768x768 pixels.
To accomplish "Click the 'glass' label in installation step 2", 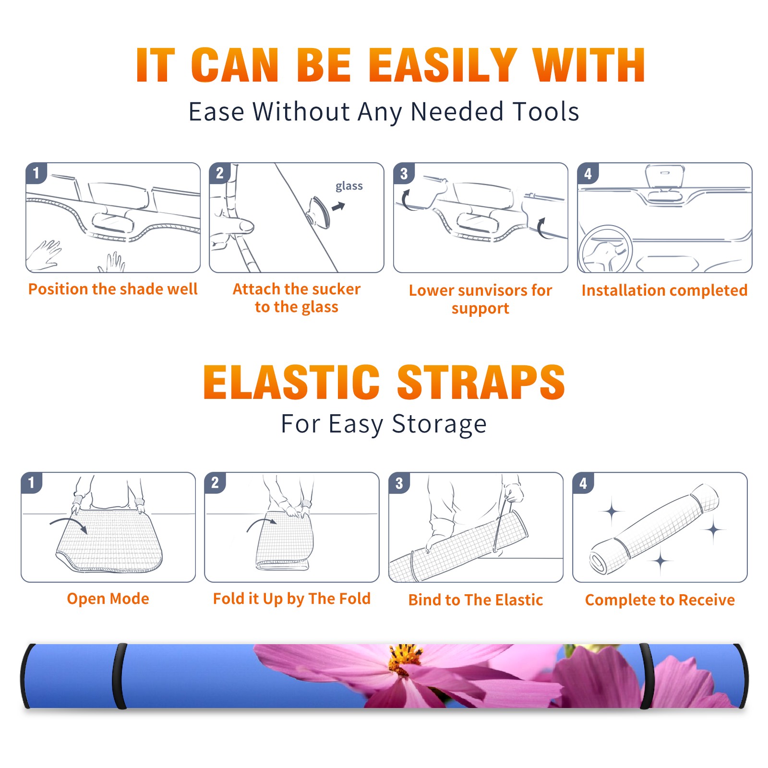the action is [x=349, y=186].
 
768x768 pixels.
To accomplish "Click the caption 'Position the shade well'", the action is [x=113, y=289].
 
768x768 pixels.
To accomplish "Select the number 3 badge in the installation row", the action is [x=404, y=173].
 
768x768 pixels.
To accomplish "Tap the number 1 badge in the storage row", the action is [x=32, y=482].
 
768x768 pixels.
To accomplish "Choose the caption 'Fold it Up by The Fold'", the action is [x=292, y=599].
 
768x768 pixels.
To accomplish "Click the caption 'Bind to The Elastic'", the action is [x=476, y=600].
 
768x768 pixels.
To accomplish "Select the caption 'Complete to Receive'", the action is [x=660, y=600].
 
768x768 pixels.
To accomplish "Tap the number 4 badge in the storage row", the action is [x=583, y=483].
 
